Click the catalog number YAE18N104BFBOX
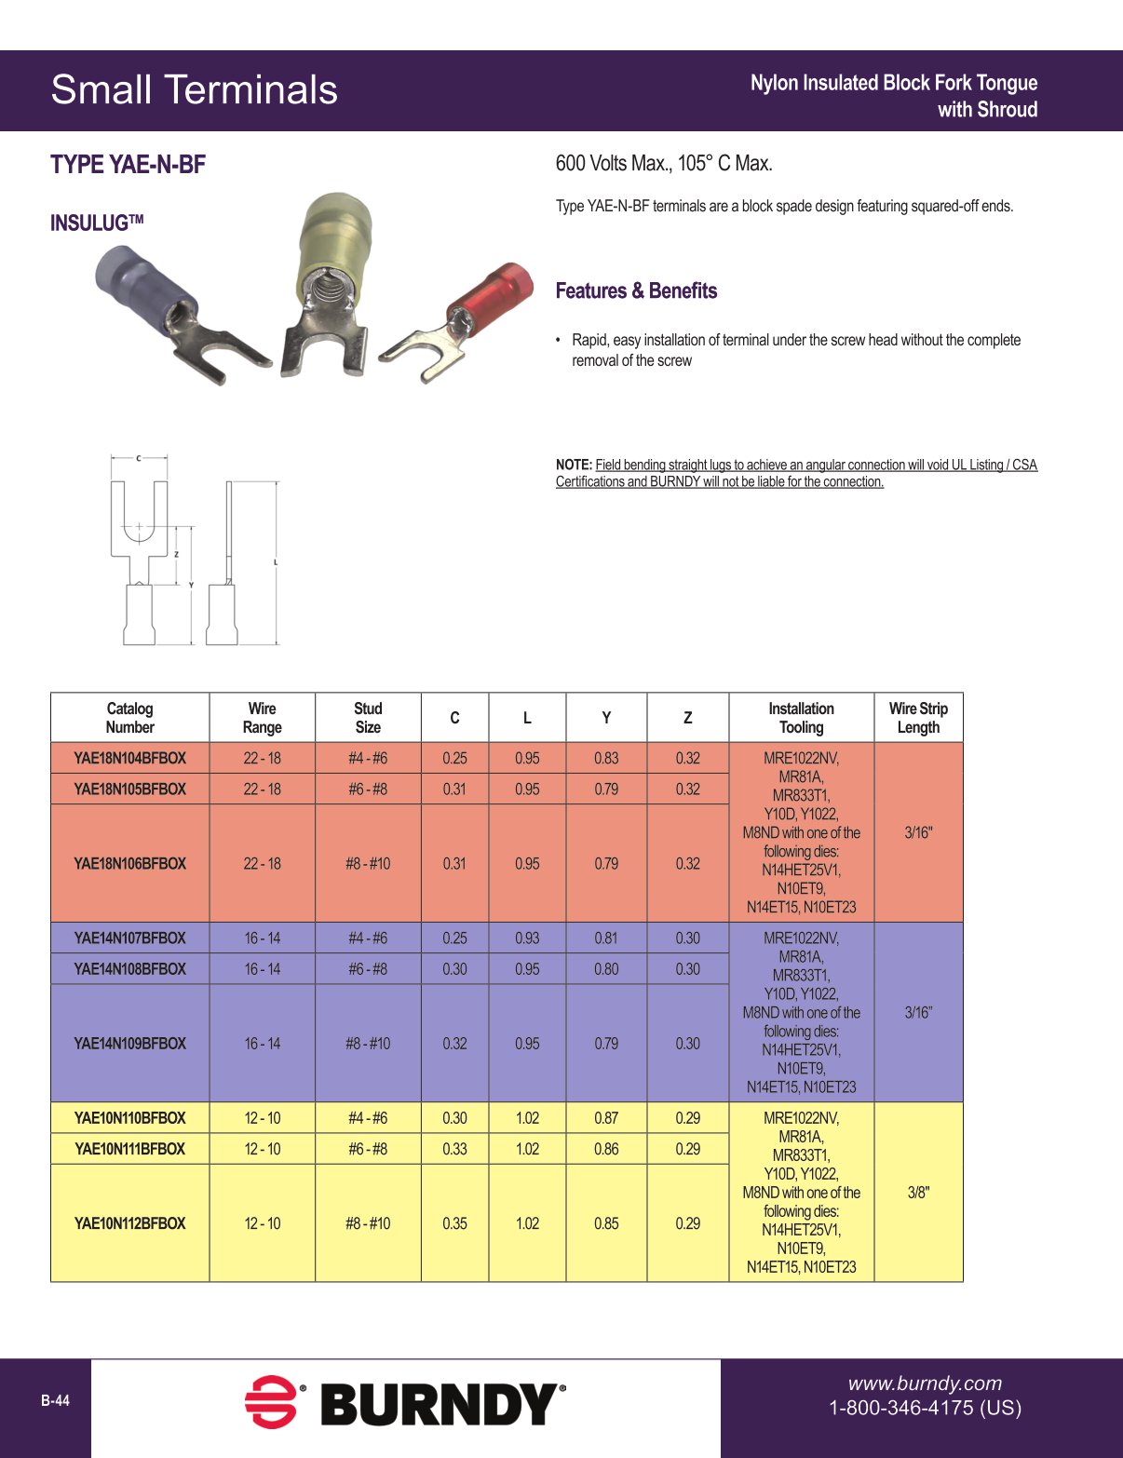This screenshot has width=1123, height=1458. point(129,758)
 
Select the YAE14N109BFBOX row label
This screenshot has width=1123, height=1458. point(129,1044)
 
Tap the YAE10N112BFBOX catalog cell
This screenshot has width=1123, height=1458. point(129,1223)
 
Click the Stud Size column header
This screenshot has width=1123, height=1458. point(368,718)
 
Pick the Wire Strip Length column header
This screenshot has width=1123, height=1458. point(918,718)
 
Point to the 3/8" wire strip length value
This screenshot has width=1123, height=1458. point(918,1193)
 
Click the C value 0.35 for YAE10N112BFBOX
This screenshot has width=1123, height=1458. point(454,1223)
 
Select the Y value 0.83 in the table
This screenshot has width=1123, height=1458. point(606,758)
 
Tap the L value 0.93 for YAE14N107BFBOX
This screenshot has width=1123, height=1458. point(527,938)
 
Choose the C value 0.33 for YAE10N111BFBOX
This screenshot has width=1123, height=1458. point(454,1149)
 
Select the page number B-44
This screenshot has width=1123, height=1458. point(55,1401)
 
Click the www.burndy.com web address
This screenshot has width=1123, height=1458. point(925,1384)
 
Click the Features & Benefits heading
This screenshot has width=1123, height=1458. point(636,290)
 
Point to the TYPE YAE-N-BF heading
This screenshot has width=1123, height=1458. point(128,165)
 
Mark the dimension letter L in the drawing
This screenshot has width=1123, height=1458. point(276,562)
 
